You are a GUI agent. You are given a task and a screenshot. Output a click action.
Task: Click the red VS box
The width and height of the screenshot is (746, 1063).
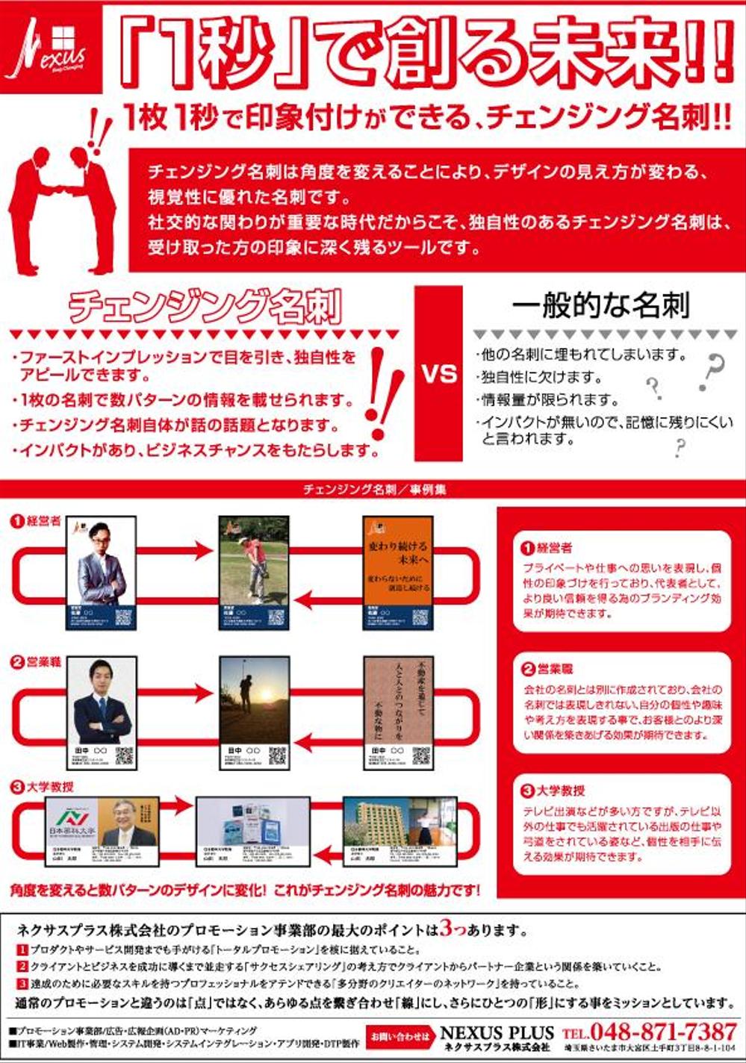tap(438, 372)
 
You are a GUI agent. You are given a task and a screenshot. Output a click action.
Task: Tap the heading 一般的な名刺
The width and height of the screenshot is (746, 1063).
tap(600, 305)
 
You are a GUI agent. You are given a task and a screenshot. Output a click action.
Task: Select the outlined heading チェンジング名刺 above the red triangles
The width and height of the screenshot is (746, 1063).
tap(205, 306)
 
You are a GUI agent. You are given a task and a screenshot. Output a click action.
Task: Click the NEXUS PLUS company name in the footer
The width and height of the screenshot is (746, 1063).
tap(497, 1032)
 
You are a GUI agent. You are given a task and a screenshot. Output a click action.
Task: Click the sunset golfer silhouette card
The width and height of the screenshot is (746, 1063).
tap(254, 713)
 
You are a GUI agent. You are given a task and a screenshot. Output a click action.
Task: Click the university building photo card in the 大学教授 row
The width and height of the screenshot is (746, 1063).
tap(399, 832)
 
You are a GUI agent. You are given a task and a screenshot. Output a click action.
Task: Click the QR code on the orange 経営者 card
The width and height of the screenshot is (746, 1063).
tap(420, 617)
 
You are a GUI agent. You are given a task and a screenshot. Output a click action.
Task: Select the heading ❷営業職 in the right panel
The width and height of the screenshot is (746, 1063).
tap(547, 669)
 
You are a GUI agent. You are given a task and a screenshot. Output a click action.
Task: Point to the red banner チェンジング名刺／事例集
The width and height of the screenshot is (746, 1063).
tap(374, 490)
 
